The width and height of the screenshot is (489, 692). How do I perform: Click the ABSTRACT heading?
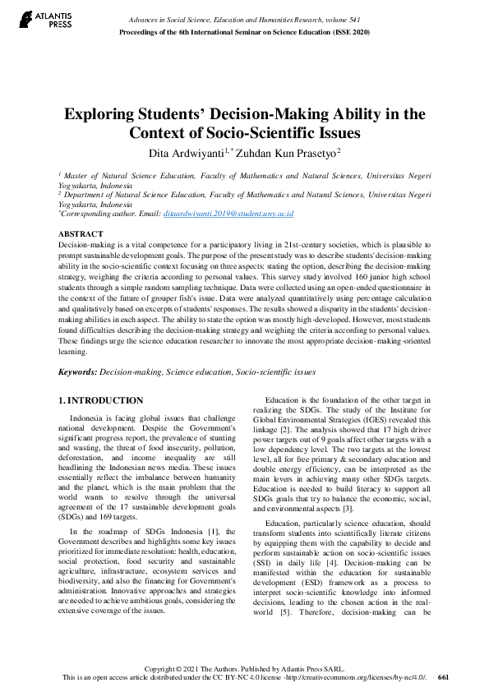coord(81,234)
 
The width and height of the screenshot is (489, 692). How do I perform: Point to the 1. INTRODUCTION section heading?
coord(101,400)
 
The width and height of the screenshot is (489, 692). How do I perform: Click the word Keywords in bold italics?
coord(76,371)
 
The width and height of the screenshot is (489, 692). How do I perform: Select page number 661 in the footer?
coord(444,678)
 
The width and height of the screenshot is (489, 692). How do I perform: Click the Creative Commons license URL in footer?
coord(358,678)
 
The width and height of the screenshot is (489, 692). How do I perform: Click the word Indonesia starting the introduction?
coord(90,418)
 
